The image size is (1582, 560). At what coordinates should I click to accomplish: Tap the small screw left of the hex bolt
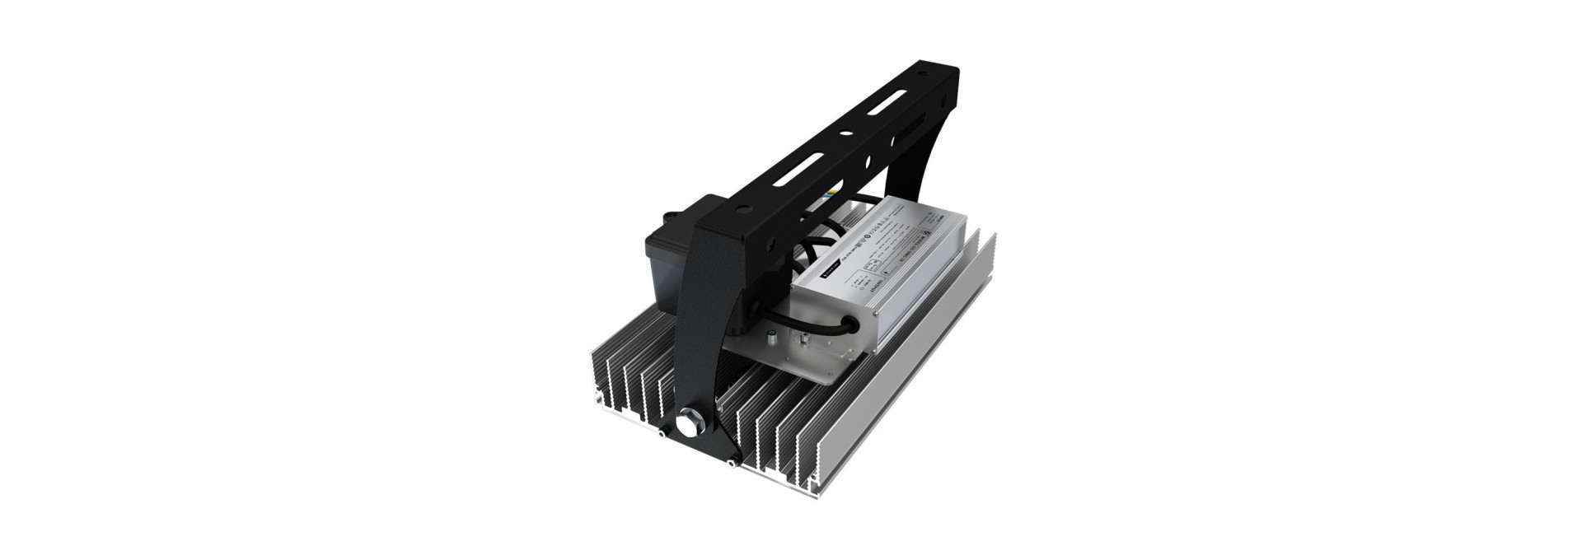(661, 434)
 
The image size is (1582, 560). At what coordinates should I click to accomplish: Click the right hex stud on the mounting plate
(800, 338)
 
